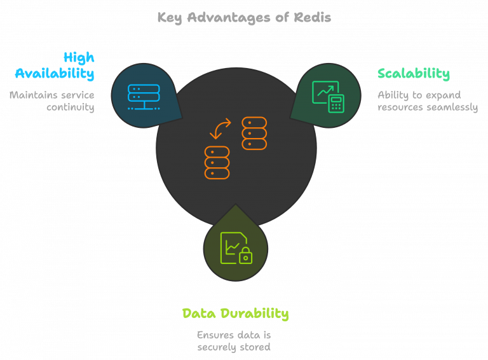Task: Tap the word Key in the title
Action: (170, 17)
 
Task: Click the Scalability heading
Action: (413, 73)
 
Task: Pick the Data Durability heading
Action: (235, 313)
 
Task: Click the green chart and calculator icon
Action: (327, 96)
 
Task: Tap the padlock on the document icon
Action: (245, 256)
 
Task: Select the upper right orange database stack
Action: (254, 133)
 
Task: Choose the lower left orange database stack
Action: (217, 162)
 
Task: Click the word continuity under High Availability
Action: (70, 107)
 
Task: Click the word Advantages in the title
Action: (231, 17)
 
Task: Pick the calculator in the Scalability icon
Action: (335, 103)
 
